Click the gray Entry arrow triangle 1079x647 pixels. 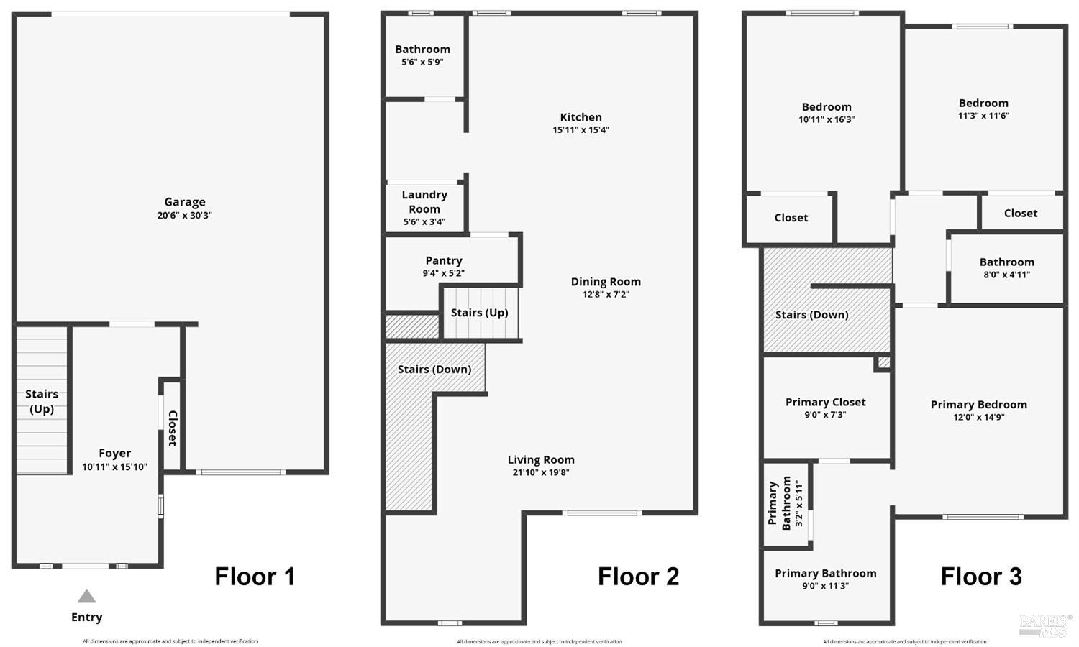click(x=86, y=597)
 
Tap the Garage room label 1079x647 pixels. click(x=185, y=202)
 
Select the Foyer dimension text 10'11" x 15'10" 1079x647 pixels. click(x=114, y=467)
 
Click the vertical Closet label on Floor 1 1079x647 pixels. click(x=173, y=428)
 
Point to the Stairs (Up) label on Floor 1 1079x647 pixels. click(x=42, y=401)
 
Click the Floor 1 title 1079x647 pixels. click(x=255, y=577)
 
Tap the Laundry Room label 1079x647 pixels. click(x=424, y=202)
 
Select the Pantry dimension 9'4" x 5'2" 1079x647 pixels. click(x=443, y=273)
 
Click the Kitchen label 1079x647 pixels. click(x=581, y=117)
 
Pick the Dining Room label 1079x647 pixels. click(x=606, y=282)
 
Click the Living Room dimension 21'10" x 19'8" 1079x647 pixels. click(x=541, y=472)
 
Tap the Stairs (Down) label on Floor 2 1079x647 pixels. click(x=434, y=369)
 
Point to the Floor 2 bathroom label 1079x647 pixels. click(x=422, y=50)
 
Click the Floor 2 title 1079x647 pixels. click(x=638, y=577)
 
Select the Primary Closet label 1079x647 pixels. click(x=825, y=402)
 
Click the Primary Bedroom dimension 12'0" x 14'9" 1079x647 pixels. click(x=978, y=417)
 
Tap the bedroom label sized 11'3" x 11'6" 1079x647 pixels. click(x=983, y=103)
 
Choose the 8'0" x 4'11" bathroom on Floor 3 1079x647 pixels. click(x=1006, y=262)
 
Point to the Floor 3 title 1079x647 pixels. click(x=981, y=577)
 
